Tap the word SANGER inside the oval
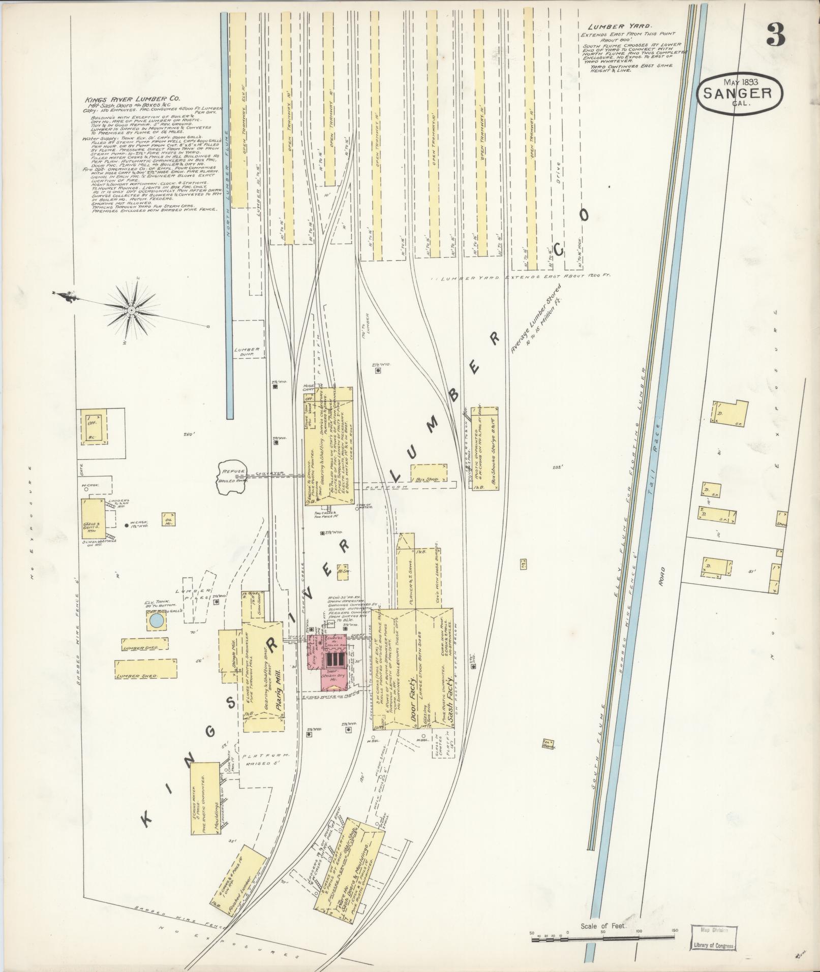pos(739,93)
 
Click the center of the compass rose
pos(132,309)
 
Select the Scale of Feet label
pos(603,926)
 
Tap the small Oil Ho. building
pos(168,519)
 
